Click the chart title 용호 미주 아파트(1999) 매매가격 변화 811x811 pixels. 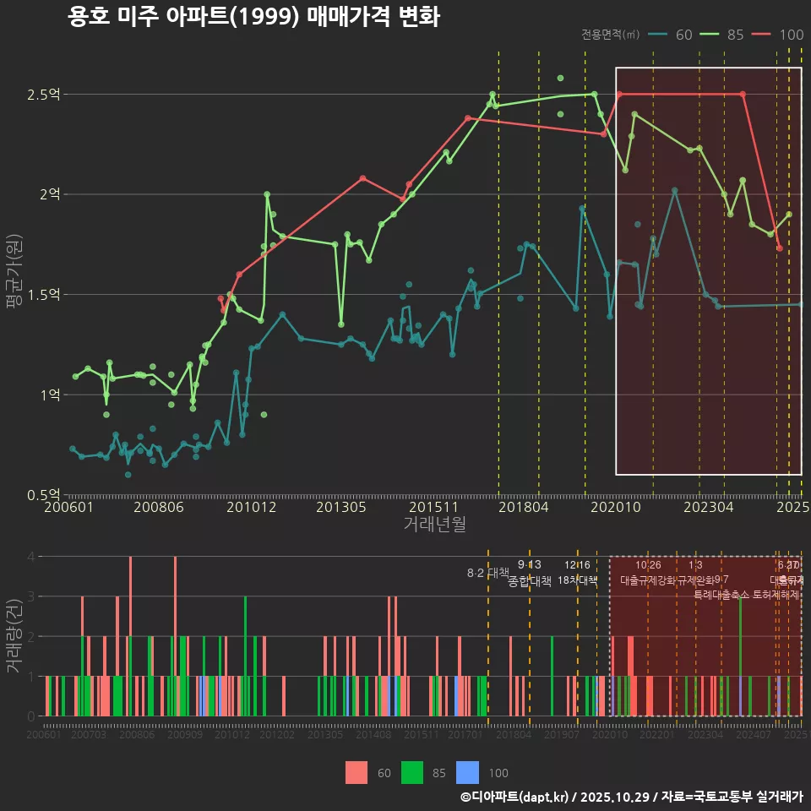(253, 17)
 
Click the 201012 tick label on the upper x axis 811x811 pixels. (252, 508)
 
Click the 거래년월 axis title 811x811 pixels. (433, 524)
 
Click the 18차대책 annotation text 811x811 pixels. (578, 580)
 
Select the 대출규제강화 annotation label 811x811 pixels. (647, 580)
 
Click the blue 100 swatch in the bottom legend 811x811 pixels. (467, 772)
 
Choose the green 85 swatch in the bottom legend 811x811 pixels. (411, 772)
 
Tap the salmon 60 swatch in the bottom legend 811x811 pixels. (357, 772)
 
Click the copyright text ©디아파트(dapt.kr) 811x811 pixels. (516, 797)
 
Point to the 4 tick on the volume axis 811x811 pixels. (30, 557)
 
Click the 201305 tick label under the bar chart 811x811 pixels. (324, 736)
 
